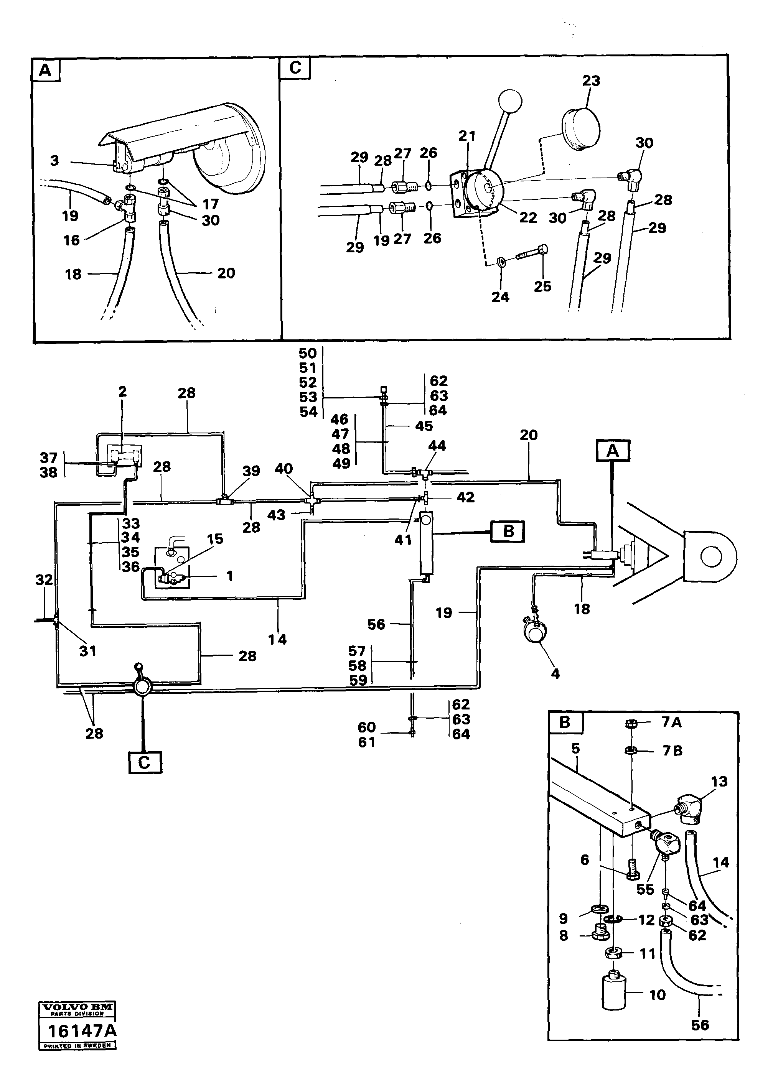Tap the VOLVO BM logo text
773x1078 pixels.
[77, 1007]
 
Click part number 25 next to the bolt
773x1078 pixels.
[542, 286]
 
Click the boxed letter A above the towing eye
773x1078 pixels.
[612, 450]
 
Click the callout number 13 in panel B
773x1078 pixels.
[719, 782]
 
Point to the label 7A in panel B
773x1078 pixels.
[671, 723]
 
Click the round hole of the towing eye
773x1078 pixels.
[711, 557]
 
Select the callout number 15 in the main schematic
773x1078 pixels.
[215, 539]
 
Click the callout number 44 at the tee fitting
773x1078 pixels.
[437, 446]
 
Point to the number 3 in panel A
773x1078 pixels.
[55, 161]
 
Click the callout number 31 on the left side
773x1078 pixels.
[87, 651]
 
